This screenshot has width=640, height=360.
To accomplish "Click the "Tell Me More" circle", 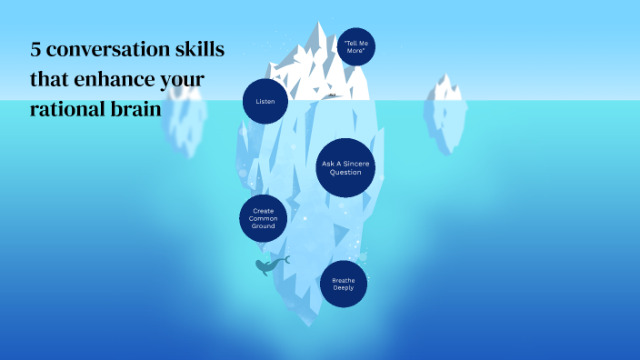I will coord(355,47).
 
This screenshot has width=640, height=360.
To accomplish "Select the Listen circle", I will coord(265,101).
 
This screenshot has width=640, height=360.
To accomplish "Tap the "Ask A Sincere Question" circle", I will coord(347,168).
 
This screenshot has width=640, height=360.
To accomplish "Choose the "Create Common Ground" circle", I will coord(264,217).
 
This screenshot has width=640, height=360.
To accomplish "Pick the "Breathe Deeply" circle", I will coord(344,284).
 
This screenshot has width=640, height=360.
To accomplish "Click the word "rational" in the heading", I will coord(63,108).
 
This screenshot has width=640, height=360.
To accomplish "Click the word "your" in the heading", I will coord(182,81).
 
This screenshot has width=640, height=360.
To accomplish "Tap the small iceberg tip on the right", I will coord(445,87).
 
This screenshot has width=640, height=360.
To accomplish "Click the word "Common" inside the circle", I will coord(264,218).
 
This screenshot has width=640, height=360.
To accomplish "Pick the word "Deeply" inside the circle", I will coord(344,288).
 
